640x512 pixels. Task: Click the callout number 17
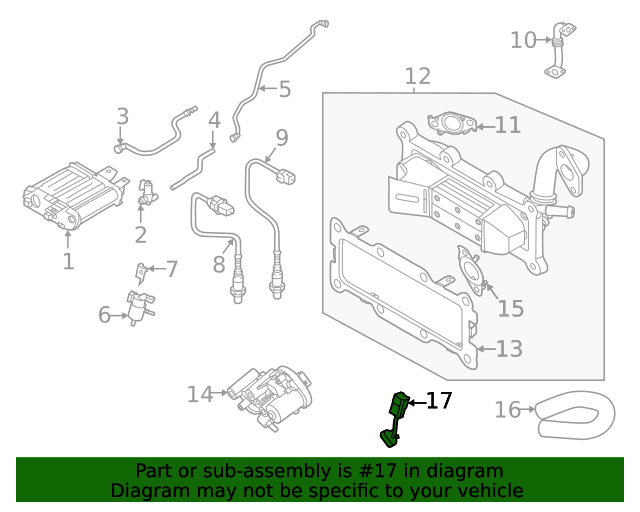(x=439, y=402)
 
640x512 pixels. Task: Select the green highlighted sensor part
(x=395, y=415)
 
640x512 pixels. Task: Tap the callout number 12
(x=417, y=76)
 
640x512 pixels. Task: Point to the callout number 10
(x=523, y=40)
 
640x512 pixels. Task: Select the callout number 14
(x=200, y=395)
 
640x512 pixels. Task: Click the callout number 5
(x=284, y=89)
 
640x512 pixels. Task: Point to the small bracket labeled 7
(x=142, y=270)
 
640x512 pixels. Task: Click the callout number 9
(x=282, y=137)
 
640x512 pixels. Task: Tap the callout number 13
(x=509, y=349)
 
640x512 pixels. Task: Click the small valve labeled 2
(x=146, y=193)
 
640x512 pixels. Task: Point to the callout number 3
(x=122, y=116)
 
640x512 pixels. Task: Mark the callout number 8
(x=219, y=265)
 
